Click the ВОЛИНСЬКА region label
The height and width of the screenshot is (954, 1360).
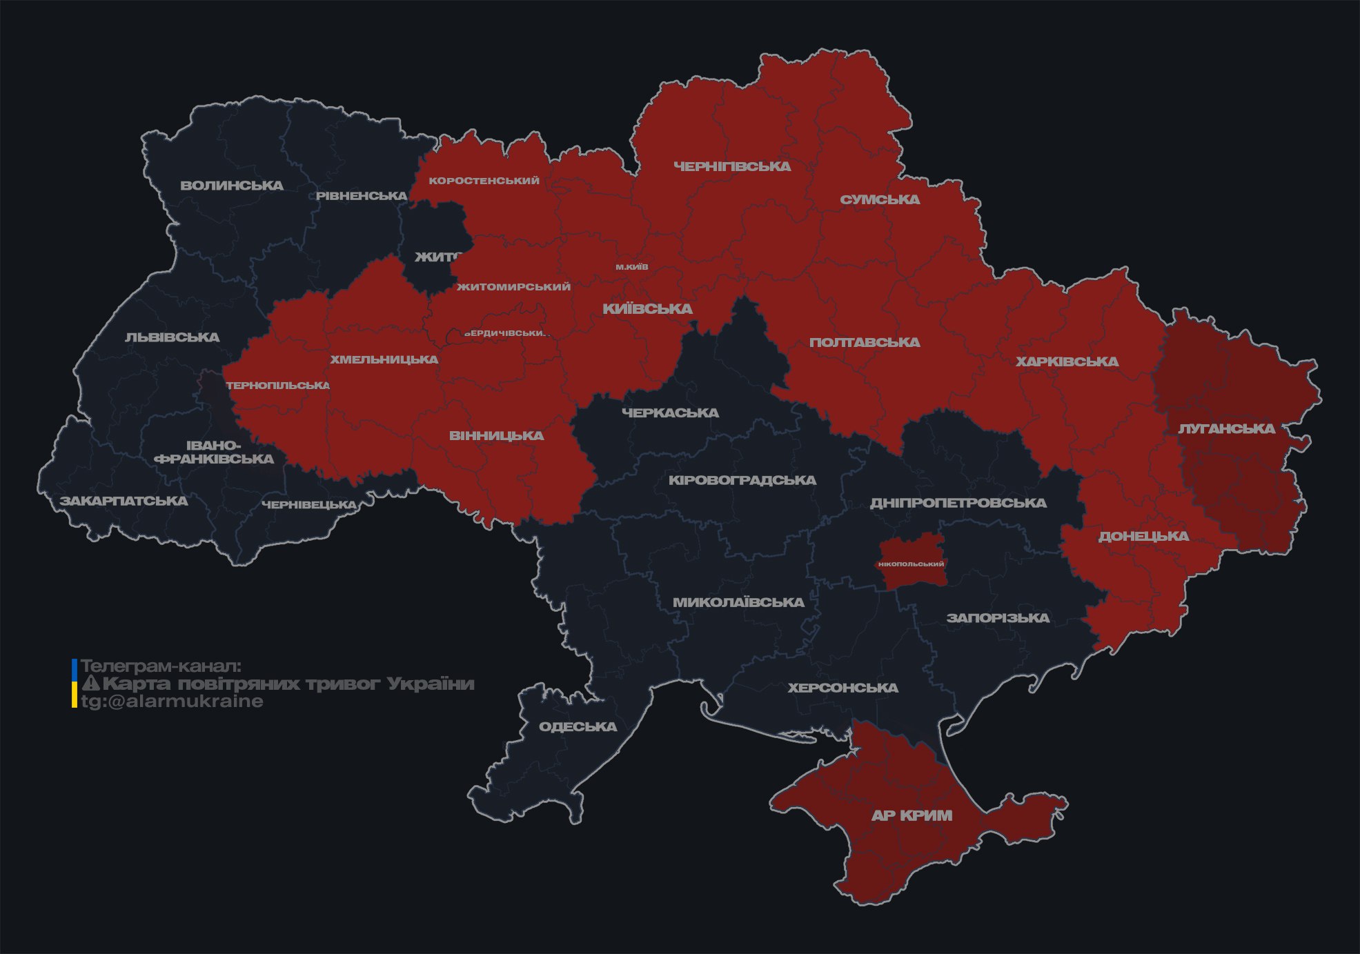point(232,186)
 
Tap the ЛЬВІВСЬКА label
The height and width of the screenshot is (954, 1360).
point(173,337)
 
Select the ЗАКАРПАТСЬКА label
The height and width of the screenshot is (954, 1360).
point(124,501)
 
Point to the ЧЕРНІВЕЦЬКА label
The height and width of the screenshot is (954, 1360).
point(309,505)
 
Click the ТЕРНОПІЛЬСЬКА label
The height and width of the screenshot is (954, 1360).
point(278,386)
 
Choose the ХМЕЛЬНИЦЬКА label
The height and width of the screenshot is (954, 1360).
point(384,359)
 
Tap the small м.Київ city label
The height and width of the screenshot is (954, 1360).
point(632,267)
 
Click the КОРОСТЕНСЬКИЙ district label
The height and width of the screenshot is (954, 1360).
point(484,181)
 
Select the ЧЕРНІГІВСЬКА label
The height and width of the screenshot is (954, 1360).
point(732,166)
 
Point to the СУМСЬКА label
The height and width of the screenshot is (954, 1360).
point(880,199)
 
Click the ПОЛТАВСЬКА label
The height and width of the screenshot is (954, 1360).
point(865,342)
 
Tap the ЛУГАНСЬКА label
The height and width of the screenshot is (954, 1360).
point(1226,428)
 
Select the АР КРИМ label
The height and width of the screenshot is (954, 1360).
point(911,815)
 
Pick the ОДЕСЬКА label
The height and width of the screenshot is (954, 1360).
point(578,726)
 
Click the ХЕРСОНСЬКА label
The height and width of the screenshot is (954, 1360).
point(842,688)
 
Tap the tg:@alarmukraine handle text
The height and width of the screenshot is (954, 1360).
point(172,702)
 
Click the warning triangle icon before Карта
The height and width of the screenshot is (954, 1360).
point(90,684)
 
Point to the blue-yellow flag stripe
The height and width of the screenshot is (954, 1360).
point(75,684)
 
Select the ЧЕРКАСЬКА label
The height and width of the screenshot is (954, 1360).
point(670,413)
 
